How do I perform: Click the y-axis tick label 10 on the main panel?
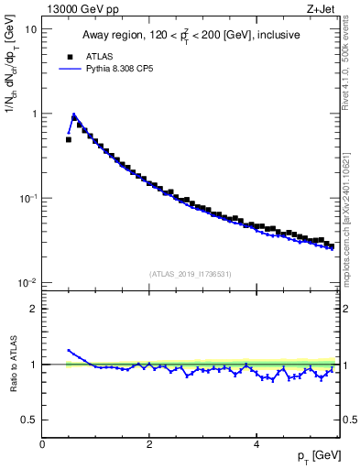30,29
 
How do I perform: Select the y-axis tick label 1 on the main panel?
33,114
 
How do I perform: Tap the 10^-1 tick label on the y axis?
27,197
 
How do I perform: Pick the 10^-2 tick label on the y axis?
27,282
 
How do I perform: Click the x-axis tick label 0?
42,444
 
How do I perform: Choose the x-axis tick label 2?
148,444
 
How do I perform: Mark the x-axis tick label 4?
256,444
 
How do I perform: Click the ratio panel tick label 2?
34,309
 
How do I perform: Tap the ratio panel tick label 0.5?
29,420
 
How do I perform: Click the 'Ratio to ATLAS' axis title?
12,364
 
